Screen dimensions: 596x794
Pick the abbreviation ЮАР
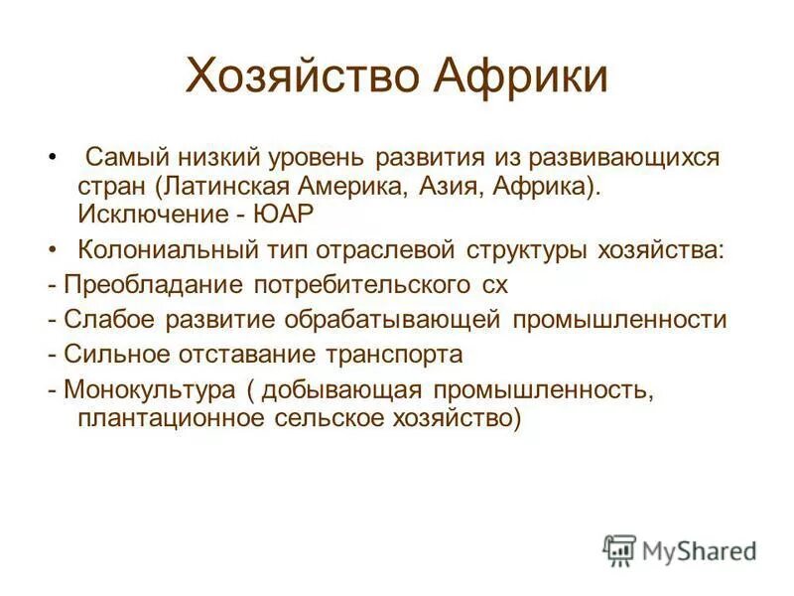point(292,214)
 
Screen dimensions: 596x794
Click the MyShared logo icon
point(619,549)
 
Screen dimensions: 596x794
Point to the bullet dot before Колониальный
point(53,248)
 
